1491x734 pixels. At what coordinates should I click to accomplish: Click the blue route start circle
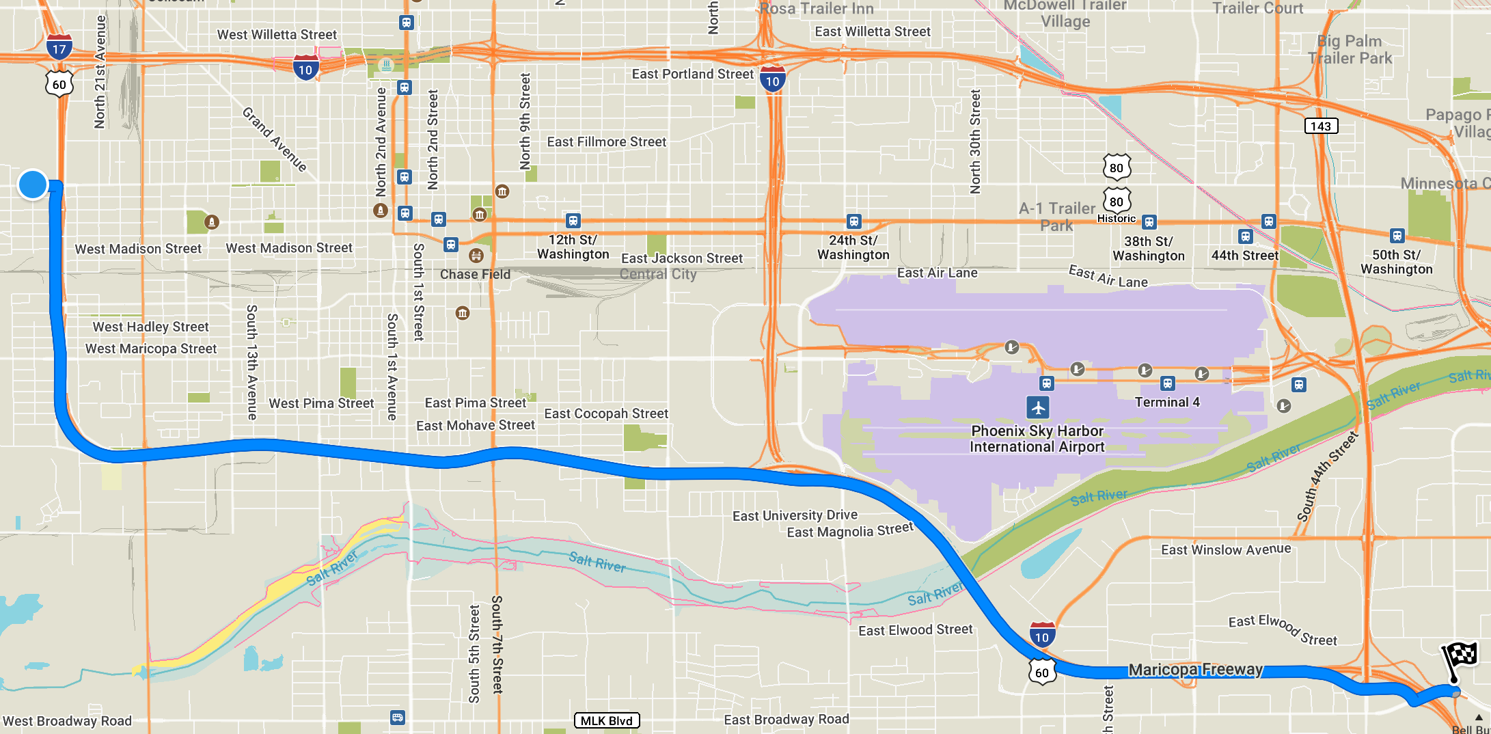coord(33,185)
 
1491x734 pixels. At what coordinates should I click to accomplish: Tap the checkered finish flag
coord(1460,658)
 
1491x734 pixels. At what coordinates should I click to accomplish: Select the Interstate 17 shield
coord(59,48)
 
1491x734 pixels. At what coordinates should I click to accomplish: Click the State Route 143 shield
coord(1320,126)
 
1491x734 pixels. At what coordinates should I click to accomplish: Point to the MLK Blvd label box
coord(606,720)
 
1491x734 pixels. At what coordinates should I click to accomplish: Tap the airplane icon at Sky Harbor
coord(1038,407)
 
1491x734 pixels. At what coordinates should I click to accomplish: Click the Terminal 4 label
coord(1167,402)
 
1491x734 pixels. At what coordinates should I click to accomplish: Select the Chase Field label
coord(475,274)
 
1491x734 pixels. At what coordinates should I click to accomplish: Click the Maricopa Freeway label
coord(1195,669)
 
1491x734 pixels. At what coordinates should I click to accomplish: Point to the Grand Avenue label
coord(275,139)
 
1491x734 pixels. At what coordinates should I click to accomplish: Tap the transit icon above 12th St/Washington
coord(573,221)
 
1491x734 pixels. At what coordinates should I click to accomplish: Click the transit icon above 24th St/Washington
coord(853,221)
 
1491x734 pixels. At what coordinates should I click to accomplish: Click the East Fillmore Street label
coord(606,141)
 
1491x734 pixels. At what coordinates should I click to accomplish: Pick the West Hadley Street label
coord(150,327)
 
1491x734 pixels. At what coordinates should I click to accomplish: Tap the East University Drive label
coord(795,515)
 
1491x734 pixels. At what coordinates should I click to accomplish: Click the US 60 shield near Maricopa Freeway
coord(1041,672)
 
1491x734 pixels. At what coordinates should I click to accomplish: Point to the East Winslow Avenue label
coord(1226,549)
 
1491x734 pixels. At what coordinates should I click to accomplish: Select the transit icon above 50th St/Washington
coord(1397,236)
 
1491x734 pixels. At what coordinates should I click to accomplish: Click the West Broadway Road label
coord(67,720)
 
